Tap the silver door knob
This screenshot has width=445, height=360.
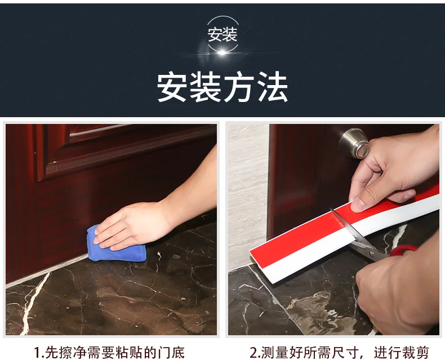[x=354, y=143]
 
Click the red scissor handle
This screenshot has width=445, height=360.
[x=403, y=250]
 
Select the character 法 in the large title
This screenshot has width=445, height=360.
[x=273, y=86]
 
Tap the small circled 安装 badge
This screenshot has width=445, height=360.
[x=222, y=34]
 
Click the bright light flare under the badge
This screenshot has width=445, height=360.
[x=222, y=52]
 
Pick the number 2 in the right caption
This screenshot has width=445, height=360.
[x=253, y=353]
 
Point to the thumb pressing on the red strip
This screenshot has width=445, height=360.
[x=358, y=205]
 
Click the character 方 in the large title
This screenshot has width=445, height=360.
[x=239, y=86]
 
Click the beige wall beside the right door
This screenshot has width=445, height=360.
[x=247, y=193]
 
